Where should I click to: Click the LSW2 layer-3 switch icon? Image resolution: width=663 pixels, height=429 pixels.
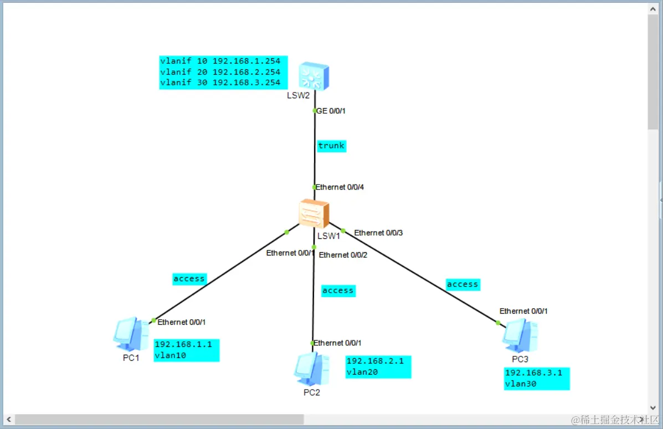[314, 76]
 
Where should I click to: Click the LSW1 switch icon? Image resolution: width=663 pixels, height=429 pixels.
[313, 213]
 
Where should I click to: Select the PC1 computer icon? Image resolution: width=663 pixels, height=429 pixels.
[131, 334]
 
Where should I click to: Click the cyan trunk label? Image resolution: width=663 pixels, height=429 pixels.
[331, 146]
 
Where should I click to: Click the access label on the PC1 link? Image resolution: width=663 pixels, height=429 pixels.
[189, 279]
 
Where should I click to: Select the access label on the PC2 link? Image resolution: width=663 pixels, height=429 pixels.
[338, 290]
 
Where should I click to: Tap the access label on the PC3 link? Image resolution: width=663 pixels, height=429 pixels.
[462, 284]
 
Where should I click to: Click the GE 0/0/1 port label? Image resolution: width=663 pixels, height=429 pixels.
[331, 111]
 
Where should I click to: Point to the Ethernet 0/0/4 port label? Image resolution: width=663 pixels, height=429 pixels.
[340, 187]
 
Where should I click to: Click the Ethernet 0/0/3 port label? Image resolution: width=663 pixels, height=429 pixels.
[378, 233]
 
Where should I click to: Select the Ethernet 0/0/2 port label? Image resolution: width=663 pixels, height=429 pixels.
[343, 255]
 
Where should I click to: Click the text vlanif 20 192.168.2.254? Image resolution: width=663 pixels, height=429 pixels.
[220, 72]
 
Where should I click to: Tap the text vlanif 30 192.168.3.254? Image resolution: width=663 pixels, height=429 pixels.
[220, 83]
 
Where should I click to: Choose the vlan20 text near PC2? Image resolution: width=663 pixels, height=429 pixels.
[362, 372]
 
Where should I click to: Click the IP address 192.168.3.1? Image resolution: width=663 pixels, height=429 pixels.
[533, 372]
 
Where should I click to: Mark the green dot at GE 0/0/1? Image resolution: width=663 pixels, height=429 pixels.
[315, 111]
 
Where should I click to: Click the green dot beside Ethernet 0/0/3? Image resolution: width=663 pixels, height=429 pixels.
[343, 231]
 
